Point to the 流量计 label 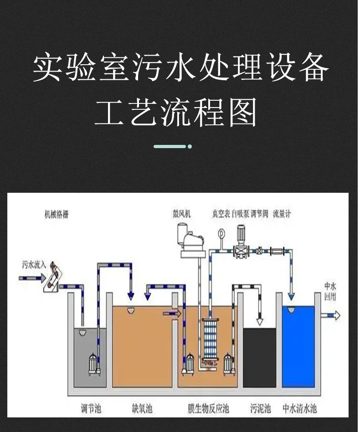coord(282,214)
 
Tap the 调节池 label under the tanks coord(91,408)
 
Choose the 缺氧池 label coord(142,408)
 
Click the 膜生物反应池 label coord(208,408)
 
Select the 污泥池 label coord(260,408)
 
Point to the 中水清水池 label coord(299,408)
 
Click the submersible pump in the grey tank coord(95,365)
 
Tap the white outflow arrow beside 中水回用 coord(331,315)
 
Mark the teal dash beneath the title coord(170,146)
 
